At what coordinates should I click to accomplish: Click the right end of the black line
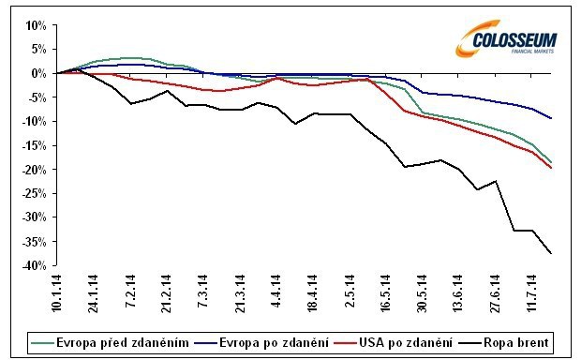[551, 254]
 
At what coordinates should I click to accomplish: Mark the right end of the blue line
[551, 118]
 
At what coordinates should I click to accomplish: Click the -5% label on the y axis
[34, 97]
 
